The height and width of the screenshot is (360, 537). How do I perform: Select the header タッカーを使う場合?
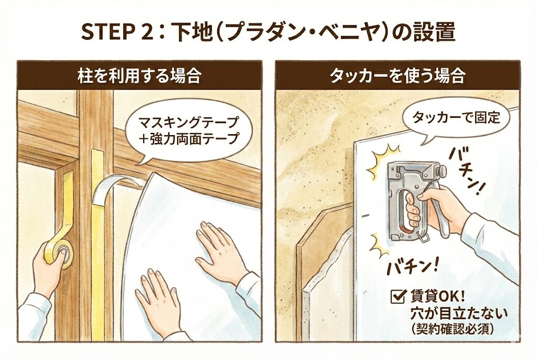(x=398, y=76)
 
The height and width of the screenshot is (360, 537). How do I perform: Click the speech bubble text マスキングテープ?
(x=188, y=122)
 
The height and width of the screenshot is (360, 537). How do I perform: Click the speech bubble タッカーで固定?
(x=456, y=118)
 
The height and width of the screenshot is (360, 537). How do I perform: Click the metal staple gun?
(x=415, y=200)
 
